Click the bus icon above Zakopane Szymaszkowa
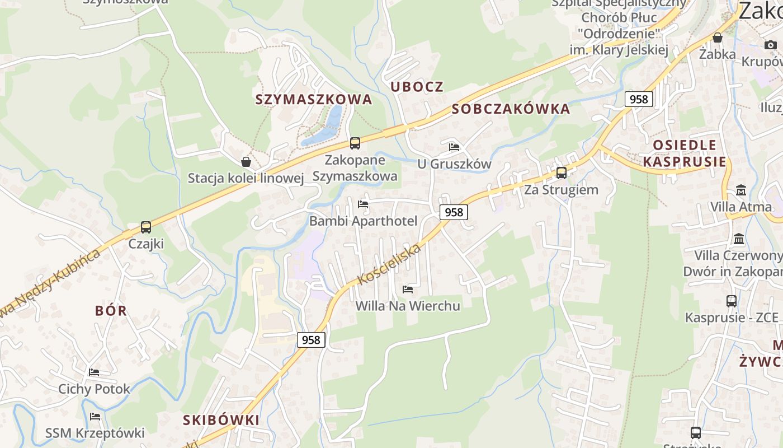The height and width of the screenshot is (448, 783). pyautogui.click(x=355, y=143)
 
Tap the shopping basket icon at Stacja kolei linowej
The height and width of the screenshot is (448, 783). pyautogui.click(x=246, y=162)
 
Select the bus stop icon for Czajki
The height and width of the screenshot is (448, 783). pyautogui.click(x=146, y=227)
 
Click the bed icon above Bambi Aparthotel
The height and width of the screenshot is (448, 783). pyautogui.click(x=363, y=204)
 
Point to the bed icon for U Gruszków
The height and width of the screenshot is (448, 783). pyautogui.click(x=454, y=147)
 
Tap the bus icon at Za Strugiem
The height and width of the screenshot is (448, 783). pyautogui.click(x=561, y=173)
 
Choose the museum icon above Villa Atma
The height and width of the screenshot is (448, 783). pyautogui.click(x=741, y=190)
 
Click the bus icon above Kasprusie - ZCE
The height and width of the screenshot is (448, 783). pyautogui.click(x=731, y=301)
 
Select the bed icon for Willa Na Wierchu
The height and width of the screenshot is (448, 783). pyautogui.click(x=408, y=290)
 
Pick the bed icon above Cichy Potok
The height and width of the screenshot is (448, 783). pyautogui.click(x=94, y=372)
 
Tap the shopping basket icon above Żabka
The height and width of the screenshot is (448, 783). pyautogui.click(x=717, y=38)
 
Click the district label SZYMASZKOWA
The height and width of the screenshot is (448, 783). pyautogui.click(x=313, y=100)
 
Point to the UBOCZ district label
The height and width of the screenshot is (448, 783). pyautogui.click(x=417, y=87)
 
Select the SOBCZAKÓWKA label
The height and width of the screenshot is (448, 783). pyautogui.click(x=511, y=109)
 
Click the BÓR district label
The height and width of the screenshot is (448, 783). pyautogui.click(x=111, y=311)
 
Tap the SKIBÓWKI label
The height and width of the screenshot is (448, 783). pyautogui.click(x=221, y=420)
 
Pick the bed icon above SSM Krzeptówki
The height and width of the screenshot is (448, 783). pyautogui.click(x=95, y=417)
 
